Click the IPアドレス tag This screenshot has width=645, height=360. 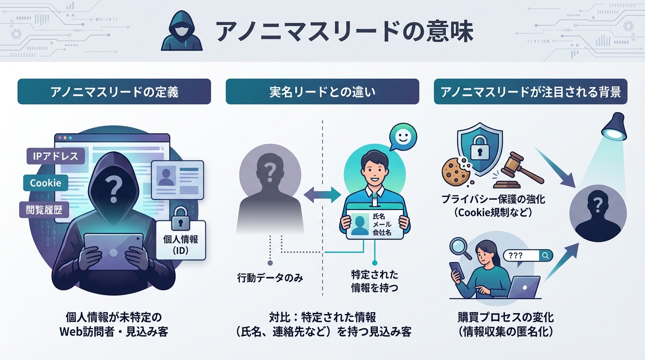[x=56, y=156]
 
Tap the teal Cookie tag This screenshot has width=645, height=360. [x=45, y=183]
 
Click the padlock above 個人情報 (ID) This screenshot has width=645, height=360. [x=180, y=215]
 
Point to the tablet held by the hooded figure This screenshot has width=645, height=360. [x=113, y=251]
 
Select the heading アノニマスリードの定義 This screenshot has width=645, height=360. [x=114, y=91]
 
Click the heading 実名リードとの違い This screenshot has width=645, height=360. [x=322, y=91]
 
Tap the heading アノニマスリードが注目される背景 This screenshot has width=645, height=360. [x=530, y=91]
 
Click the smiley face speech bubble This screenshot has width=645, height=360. [x=402, y=137]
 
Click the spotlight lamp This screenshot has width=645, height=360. [x=615, y=127]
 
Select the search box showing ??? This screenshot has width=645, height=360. [x=527, y=255]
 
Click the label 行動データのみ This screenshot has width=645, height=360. [x=270, y=278]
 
